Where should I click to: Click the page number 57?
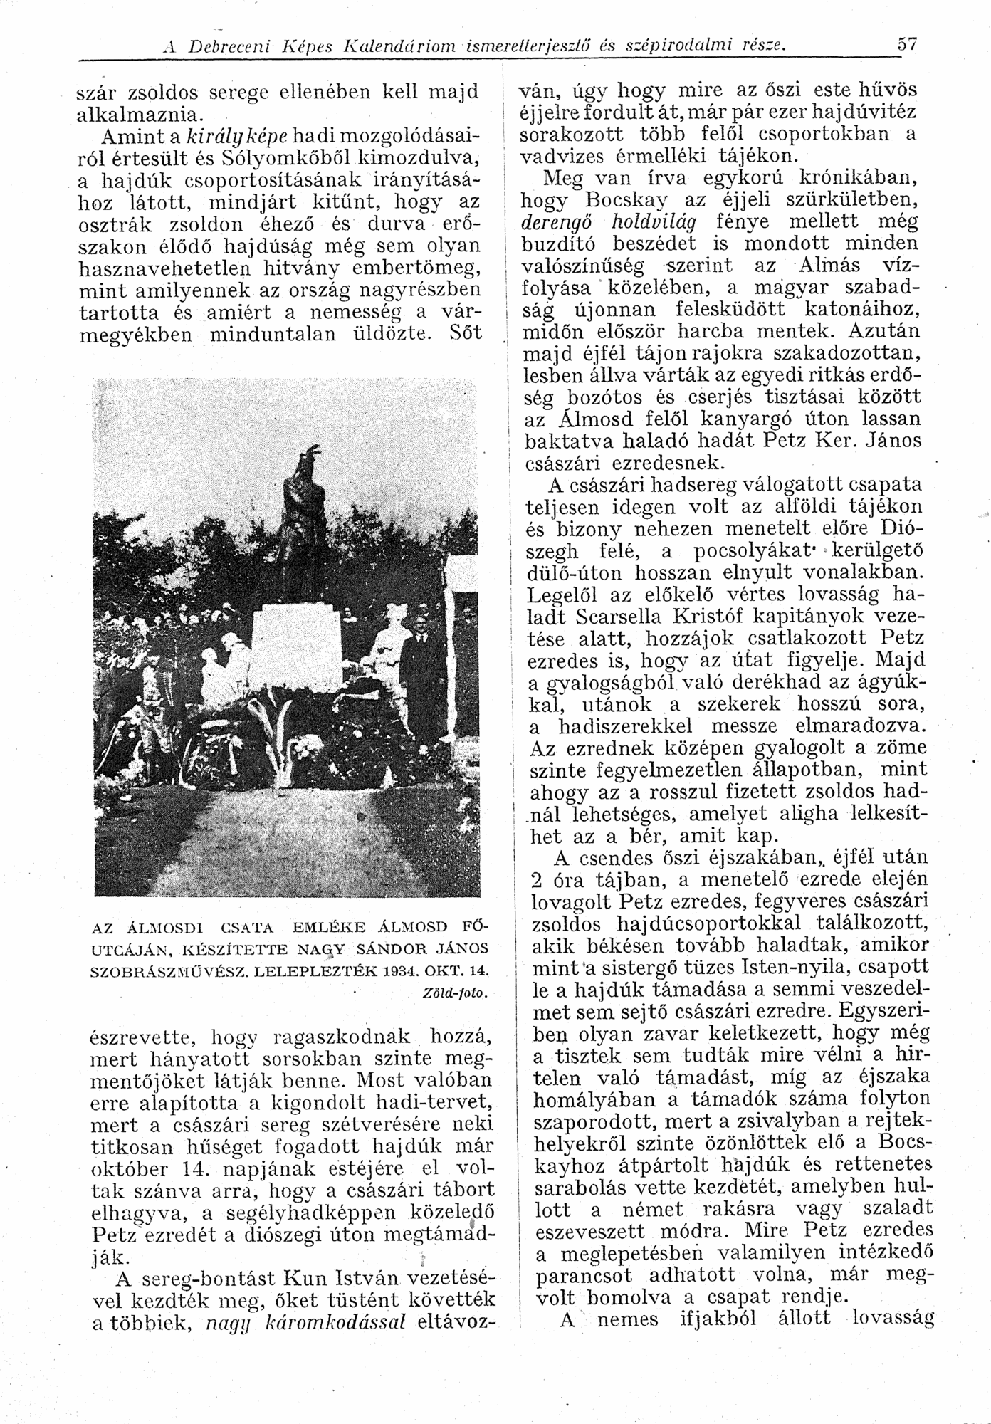click(906, 43)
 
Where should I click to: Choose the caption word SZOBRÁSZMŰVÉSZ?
click(169, 971)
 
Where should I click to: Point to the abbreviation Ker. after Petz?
click(834, 441)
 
